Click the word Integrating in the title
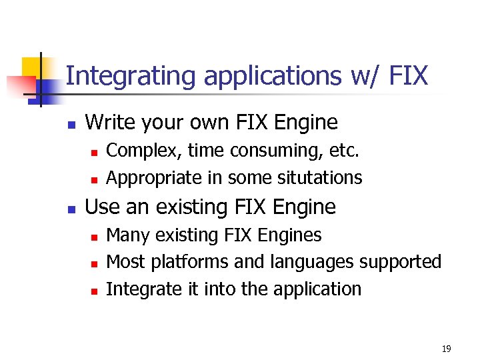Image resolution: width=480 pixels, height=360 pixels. point(131,76)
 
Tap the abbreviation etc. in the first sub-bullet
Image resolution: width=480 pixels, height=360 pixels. point(344,151)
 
